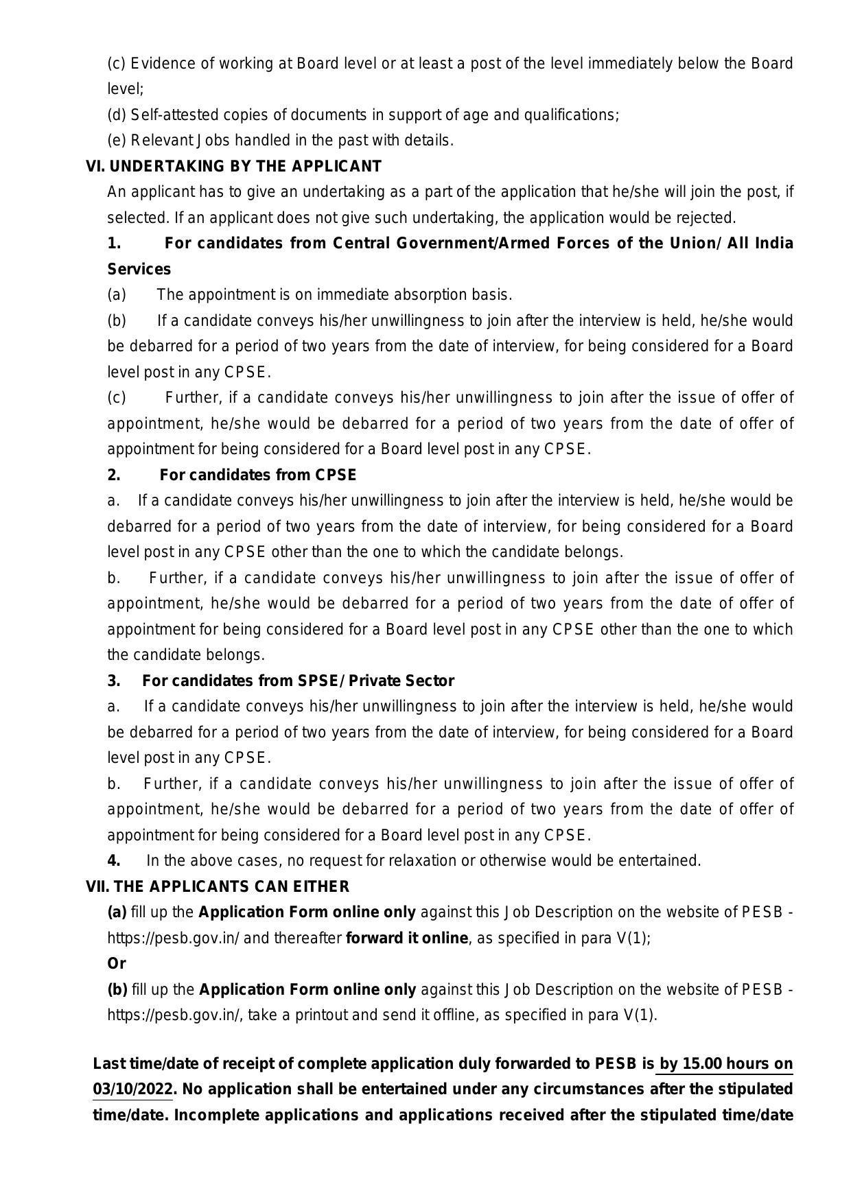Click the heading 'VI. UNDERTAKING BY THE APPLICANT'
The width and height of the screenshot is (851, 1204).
point(233,167)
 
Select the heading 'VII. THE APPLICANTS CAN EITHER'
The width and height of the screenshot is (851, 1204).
point(218,887)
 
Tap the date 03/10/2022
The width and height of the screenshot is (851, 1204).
point(132,1089)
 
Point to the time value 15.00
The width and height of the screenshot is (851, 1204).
point(702,1064)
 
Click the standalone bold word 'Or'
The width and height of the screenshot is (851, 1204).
point(117,964)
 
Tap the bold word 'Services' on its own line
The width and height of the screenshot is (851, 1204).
point(139,270)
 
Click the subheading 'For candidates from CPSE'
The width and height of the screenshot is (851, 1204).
point(258,475)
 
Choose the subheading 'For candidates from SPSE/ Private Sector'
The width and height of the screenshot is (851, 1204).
point(298,681)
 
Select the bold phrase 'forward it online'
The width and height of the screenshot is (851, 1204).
point(407,939)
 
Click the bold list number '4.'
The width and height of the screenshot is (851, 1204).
point(114,861)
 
